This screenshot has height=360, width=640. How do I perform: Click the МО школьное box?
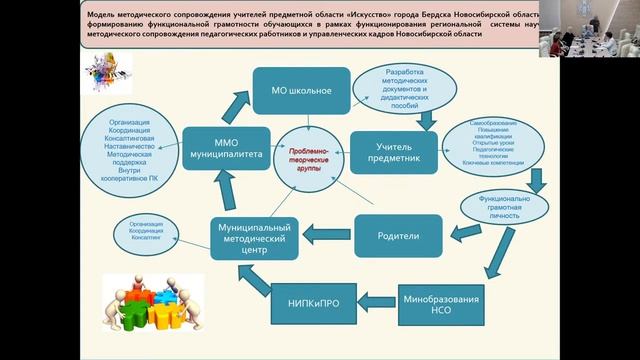[x=301, y=91]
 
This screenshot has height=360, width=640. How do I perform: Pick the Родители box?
[x=399, y=236]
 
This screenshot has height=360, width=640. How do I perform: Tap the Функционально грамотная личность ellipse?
[x=505, y=206]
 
